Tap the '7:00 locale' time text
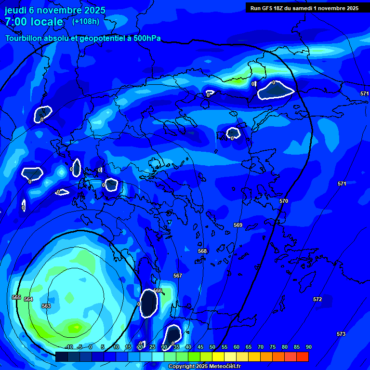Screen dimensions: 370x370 34,22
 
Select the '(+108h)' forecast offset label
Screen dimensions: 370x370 86,21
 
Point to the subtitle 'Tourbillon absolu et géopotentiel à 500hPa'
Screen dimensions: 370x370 83,38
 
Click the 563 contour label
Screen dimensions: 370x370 46,306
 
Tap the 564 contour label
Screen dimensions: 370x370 28,299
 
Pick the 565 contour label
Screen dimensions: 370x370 16,297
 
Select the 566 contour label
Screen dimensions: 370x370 158,291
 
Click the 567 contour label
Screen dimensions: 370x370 178,276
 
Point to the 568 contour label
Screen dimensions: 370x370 202,251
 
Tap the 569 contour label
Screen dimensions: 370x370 238,225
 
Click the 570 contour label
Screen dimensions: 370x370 284,201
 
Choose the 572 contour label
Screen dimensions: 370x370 317,299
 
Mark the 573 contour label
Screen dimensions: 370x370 341,334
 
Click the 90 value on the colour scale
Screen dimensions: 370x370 308,347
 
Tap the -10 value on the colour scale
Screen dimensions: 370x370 69,347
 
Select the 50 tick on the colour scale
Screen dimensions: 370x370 212,347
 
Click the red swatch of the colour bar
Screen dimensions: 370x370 303,357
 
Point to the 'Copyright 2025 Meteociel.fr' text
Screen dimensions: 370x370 205,367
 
